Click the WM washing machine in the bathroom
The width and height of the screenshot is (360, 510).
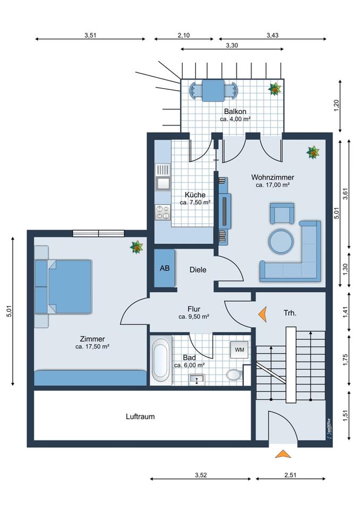pos(239,350)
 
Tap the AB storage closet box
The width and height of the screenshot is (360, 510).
pos(165,268)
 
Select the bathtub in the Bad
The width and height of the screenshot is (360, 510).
pos(161,361)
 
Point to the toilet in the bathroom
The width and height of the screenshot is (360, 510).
pos(234,375)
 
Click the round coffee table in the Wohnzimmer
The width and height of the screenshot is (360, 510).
pos(281,241)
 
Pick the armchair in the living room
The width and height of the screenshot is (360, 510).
pos(282,214)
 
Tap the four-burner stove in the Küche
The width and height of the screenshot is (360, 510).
pos(162,212)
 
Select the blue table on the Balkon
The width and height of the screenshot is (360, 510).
pos(213,90)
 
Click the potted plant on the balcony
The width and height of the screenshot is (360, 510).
pos(275,89)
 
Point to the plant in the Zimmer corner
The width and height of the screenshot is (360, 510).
pos(136,247)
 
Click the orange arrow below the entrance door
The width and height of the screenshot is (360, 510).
pos(282,454)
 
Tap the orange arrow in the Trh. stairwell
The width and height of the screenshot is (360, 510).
pos(262,314)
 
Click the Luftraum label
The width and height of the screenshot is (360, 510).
pos(140,416)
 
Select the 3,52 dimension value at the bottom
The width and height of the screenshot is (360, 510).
pos(201,475)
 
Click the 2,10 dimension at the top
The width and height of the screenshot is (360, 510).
pos(183,35)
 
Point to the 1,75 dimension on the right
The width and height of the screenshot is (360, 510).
pos(345,360)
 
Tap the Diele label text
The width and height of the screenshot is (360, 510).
pos(198,270)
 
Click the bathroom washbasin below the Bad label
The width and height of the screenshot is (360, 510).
pos(197,379)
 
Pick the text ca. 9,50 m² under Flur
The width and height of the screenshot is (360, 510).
pos(194,317)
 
